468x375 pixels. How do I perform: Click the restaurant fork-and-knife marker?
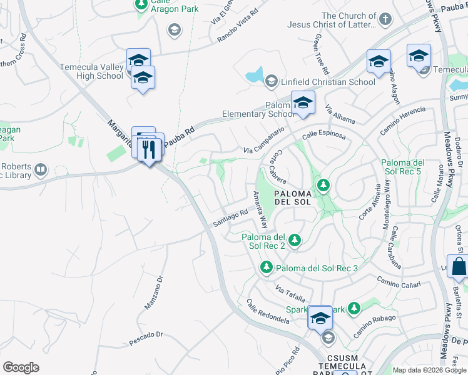(x=149, y=149)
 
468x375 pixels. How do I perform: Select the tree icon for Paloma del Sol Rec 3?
(x=265, y=268)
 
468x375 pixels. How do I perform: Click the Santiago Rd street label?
(x=231, y=217)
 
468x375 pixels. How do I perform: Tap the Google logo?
(x=21, y=367)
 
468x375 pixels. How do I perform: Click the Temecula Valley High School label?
(x=91, y=71)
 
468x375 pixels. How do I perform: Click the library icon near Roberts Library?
(x=41, y=169)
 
